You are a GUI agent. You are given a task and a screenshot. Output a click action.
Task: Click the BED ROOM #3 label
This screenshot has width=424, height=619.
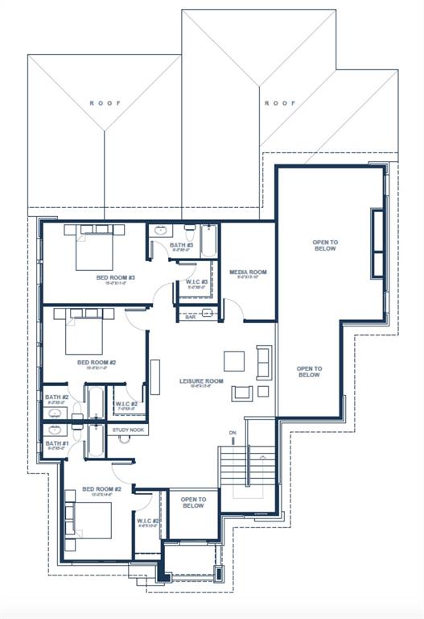(115, 278)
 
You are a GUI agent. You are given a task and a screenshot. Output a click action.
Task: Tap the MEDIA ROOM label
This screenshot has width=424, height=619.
(247, 272)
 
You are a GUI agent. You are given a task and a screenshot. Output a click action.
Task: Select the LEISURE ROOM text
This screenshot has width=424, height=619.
(200, 380)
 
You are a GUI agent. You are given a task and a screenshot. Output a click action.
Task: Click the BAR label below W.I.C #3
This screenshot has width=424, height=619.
(191, 317)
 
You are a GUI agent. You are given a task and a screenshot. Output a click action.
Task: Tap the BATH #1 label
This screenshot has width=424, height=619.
(56, 444)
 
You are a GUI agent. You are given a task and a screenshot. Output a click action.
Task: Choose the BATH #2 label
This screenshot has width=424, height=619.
(56, 397)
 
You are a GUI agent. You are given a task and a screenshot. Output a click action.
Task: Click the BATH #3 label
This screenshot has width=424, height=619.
(181, 245)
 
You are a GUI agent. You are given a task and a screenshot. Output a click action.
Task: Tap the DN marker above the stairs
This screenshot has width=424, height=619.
(233, 433)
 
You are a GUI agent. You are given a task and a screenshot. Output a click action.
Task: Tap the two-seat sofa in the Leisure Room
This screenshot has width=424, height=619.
(264, 362)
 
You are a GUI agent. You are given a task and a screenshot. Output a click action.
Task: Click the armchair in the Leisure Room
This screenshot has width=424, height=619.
(241, 393)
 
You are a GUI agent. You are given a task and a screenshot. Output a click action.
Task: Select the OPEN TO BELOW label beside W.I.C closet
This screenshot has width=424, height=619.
(192, 503)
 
